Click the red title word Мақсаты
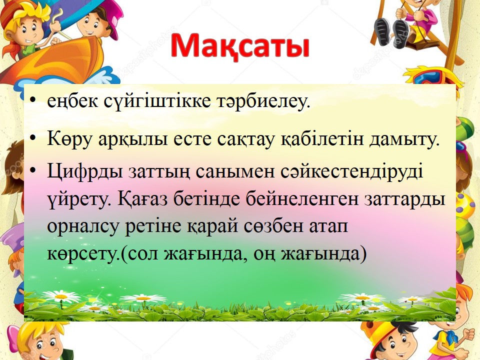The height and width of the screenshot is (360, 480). click(x=240, y=46)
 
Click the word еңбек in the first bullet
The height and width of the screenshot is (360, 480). click(x=72, y=101)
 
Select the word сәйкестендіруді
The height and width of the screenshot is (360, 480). click(x=352, y=171)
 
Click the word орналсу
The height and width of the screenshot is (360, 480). click(x=83, y=227)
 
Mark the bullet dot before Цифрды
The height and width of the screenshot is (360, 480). click(x=33, y=169)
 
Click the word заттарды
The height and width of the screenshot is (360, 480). click(x=404, y=199)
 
